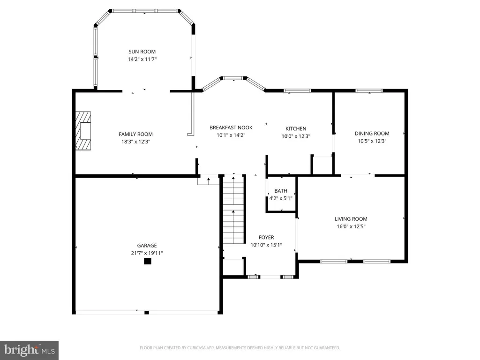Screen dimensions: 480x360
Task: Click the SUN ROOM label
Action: (142, 52)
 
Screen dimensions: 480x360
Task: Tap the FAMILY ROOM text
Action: (135, 134)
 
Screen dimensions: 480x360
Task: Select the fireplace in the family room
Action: (83, 131)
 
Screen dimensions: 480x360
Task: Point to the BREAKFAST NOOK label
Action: (231, 127)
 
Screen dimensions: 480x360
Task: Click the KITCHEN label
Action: (296, 128)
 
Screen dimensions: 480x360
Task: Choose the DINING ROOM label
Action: (372, 134)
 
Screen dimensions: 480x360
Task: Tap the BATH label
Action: (281, 191)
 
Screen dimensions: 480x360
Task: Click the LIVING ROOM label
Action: (351, 219)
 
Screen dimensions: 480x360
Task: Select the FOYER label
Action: (266, 237)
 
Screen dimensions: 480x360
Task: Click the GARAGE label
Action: (147, 246)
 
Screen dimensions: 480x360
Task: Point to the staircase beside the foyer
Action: (233, 209)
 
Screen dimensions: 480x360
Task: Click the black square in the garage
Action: (148, 261)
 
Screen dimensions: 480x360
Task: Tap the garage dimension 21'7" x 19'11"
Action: (147, 253)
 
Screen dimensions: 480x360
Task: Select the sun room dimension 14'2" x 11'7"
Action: (142, 59)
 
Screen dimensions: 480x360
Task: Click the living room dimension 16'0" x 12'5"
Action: (351, 226)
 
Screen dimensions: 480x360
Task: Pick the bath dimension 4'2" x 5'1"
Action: (281, 198)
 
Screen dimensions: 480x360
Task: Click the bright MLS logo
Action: (30, 350)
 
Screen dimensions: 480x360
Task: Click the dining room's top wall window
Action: (369, 90)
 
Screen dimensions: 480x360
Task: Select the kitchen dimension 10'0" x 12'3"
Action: (296, 136)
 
